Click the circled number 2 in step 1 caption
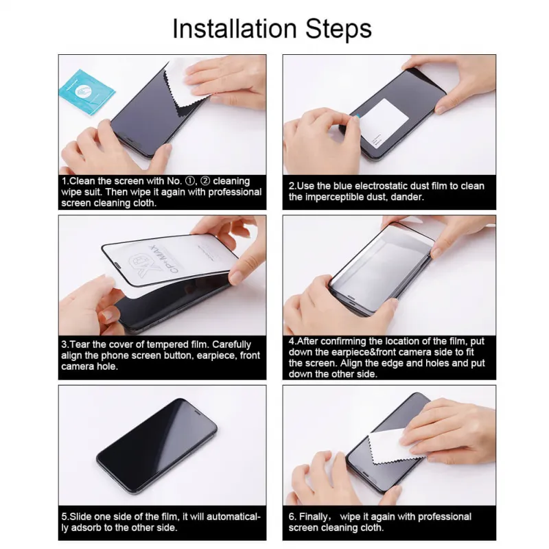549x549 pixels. coord(205,181)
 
